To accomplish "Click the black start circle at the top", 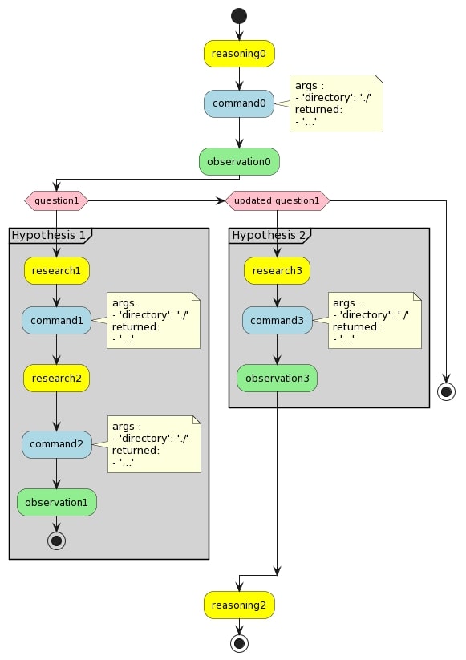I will (238, 14).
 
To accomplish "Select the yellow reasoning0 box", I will (238, 54).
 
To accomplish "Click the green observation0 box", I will (239, 161).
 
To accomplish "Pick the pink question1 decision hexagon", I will (56, 200).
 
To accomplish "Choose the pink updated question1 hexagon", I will (278, 200).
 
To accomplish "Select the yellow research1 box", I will (56, 270).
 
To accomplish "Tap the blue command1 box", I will (56, 321).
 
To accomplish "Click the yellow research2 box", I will (56, 377).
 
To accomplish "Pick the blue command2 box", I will (56, 443).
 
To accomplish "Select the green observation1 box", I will (56, 502).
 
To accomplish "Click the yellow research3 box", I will (277, 270).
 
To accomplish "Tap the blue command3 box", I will (277, 321).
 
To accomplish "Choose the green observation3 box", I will (277, 377).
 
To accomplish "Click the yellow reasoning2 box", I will (238, 605).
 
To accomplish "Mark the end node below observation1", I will (56, 540).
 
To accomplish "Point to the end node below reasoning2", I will (238, 642).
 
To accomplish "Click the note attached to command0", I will (336, 103).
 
